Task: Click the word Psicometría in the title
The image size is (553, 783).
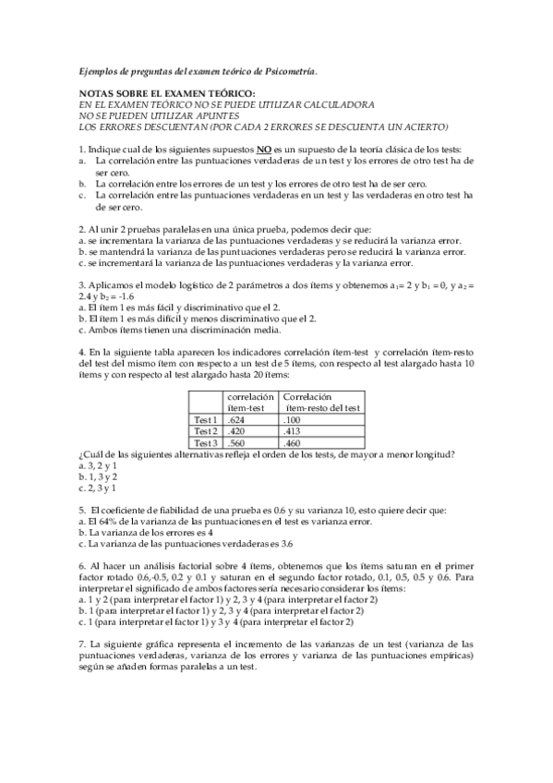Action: [x=290, y=70]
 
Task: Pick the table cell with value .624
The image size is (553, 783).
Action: [x=235, y=419]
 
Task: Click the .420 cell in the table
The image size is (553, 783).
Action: [x=235, y=430]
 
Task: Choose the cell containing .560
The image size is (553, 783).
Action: [x=235, y=442]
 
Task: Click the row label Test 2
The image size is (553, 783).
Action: [x=205, y=430]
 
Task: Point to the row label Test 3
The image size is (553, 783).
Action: [x=205, y=442]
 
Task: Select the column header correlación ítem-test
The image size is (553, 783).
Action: [x=250, y=402]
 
